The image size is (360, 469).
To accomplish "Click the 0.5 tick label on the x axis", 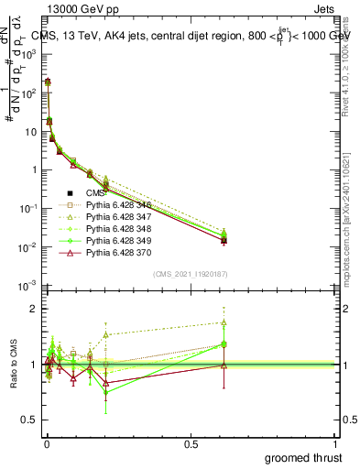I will pyautogui.click(x=191, y=443).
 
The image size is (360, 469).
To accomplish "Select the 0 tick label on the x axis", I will pyautogui.click(x=45, y=443).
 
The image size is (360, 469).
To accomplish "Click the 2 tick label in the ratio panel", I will pyautogui.click(x=33, y=309).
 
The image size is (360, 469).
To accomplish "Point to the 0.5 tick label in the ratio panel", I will pyautogui.click(x=29, y=421).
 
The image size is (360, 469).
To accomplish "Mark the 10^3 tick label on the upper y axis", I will pyautogui.click(x=28, y=54).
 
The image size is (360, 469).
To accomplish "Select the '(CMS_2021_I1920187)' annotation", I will pyautogui.click(x=191, y=274).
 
